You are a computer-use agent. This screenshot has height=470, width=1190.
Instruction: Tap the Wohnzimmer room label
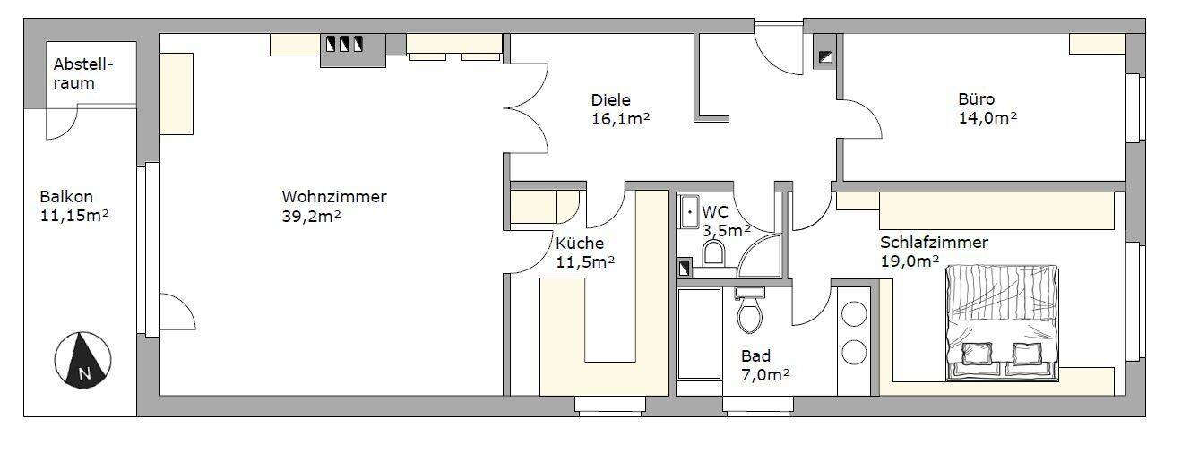334,197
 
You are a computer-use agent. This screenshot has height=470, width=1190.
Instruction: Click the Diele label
610,99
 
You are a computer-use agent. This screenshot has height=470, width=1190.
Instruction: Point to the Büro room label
976,99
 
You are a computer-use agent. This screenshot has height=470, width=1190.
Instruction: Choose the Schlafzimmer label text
934,243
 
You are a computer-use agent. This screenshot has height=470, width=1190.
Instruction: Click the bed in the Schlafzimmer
1002,322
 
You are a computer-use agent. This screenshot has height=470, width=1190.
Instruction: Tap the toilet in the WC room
714,254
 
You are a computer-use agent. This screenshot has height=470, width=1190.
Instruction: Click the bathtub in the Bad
699,333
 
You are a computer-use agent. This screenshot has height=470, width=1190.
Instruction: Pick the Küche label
580,244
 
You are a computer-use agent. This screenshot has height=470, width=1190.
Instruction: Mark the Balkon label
66,197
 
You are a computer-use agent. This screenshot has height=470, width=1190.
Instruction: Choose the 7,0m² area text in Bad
764,374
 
